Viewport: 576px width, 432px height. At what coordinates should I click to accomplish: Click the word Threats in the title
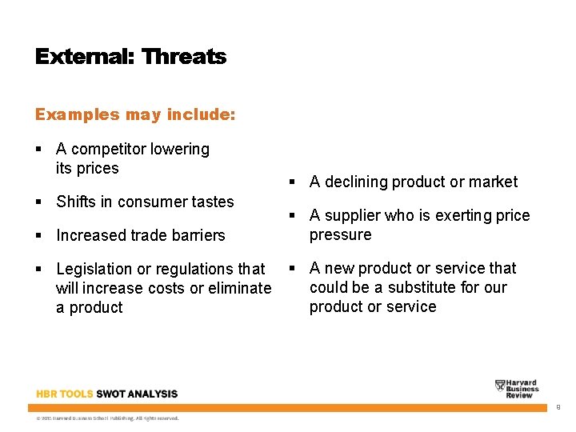click(x=183, y=57)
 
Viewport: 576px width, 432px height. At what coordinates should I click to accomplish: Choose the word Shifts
click(x=75, y=202)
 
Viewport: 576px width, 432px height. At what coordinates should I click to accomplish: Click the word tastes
click(x=212, y=202)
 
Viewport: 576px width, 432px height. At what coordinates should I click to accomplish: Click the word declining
click(x=356, y=182)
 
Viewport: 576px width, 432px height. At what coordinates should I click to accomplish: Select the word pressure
click(x=340, y=235)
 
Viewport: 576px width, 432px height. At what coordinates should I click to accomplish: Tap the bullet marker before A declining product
click(x=293, y=182)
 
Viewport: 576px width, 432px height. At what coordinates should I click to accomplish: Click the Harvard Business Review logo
click(x=516, y=389)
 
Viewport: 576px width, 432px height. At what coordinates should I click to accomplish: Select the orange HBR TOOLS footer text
click(x=65, y=394)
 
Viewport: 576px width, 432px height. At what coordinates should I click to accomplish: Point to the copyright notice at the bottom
click(x=107, y=418)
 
